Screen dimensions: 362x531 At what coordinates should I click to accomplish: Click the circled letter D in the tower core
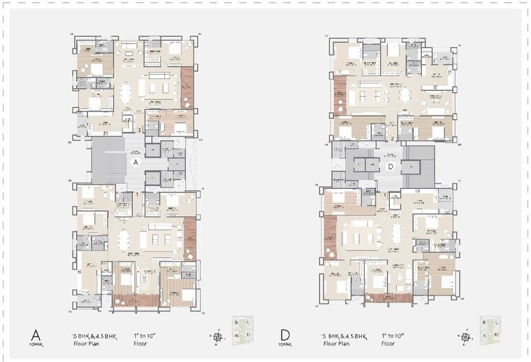pyautogui.click(x=392, y=166)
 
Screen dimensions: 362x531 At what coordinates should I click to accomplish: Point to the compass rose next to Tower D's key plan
pyautogui.click(x=464, y=337)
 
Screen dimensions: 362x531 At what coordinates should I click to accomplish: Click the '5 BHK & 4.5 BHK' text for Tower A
pyautogui.click(x=97, y=335)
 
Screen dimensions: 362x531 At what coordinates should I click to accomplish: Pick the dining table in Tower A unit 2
pyautogui.click(x=126, y=92)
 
